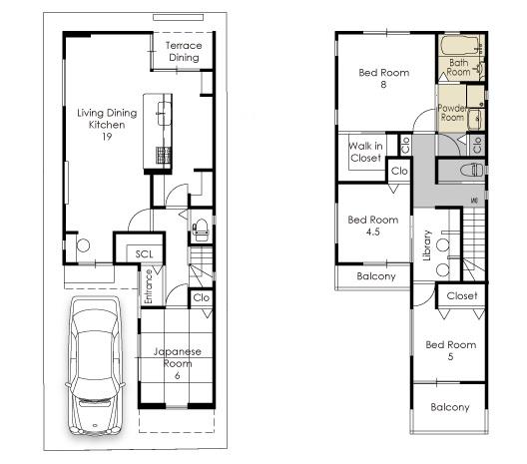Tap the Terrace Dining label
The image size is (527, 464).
(183, 52)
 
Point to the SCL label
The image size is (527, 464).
(145, 254)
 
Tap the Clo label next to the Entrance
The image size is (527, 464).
(201, 297)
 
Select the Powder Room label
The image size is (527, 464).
(453, 112)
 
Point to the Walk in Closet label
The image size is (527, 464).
(364, 152)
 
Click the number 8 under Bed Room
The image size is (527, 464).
(382, 85)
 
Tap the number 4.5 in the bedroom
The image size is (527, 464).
(373, 232)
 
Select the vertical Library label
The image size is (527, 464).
(426, 245)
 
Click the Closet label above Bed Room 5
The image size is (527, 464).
(461, 296)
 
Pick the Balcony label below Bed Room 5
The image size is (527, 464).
(450, 407)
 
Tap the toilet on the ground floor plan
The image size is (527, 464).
(199, 230)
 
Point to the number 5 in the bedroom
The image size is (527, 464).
(451, 357)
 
